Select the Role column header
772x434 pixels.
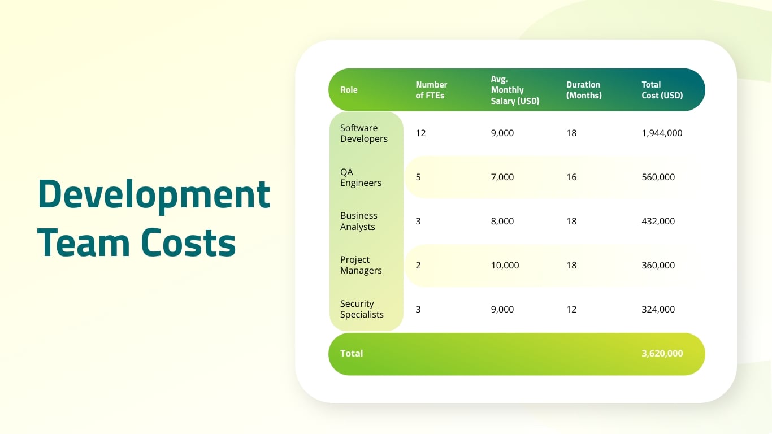tap(349, 90)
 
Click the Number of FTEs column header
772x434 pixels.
tap(431, 90)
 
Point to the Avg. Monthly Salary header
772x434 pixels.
tap(515, 90)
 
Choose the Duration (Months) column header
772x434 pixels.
tap(584, 90)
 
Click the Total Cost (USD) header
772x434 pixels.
tap(662, 90)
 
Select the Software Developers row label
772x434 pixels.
tap(364, 133)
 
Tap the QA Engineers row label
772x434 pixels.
tap(361, 177)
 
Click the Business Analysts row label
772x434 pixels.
tap(358, 222)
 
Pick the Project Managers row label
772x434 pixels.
tap(361, 265)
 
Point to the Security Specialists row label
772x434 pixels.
tap(362, 309)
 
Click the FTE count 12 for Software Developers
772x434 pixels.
tap(420, 133)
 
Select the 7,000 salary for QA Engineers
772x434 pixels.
tap(502, 177)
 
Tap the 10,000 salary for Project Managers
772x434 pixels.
tap(505, 265)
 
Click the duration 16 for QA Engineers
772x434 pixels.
tap(571, 177)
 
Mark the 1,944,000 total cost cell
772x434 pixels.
tap(662, 133)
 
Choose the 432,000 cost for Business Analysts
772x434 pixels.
tap(658, 222)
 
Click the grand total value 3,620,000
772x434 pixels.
tap(662, 354)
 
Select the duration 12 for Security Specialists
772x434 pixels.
tap(571, 309)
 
